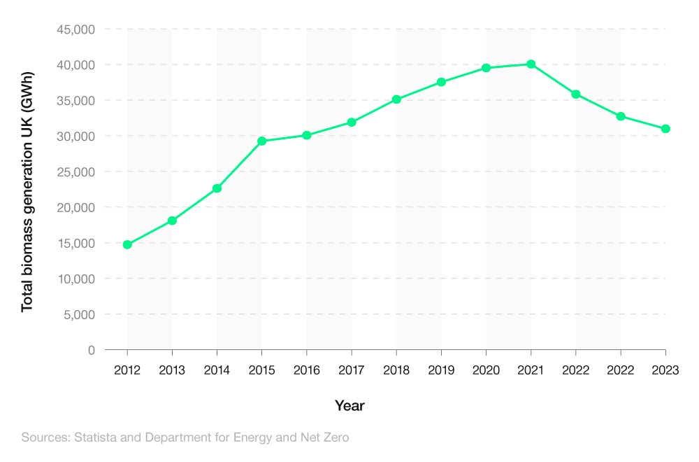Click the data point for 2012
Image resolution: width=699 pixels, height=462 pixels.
[127, 244]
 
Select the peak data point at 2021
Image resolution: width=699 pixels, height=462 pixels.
[531, 64]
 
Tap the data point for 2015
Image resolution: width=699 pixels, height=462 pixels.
[261, 141]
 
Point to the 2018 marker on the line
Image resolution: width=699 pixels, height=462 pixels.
[396, 99]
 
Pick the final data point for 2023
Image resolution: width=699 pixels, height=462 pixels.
[665, 129]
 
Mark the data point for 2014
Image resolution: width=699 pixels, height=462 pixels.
[217, 188]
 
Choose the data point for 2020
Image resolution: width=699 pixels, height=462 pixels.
[486, 68]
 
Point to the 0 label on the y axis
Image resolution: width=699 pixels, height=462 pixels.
[91, 350]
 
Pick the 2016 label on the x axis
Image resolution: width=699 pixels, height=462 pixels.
[306, 370]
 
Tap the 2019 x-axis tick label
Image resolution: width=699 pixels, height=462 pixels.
[441, 370]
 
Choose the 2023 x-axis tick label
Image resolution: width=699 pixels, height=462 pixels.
[665, 370]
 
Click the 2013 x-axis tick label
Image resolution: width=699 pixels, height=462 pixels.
[172, 370]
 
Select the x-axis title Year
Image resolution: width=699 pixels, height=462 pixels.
[349, 405]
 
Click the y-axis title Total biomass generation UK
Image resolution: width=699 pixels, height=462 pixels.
[27, 192]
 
